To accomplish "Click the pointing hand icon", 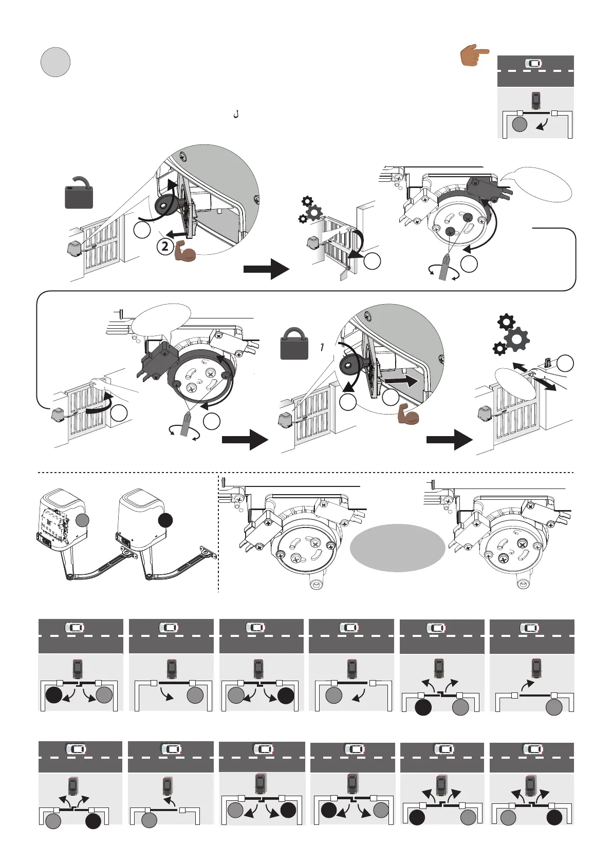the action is point(474,55).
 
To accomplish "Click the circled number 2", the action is point(165,247).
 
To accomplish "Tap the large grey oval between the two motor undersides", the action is point(397,548).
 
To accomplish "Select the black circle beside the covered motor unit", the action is point(165,520).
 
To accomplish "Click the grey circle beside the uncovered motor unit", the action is point(83,520).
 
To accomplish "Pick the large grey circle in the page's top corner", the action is point(55,62).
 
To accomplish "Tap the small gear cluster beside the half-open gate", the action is point(310,210).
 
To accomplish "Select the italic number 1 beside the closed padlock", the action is point(322,348).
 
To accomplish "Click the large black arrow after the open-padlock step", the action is point(266,269).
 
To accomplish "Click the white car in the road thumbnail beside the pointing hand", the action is point(533,63).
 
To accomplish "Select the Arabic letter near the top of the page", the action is point(236,114).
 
